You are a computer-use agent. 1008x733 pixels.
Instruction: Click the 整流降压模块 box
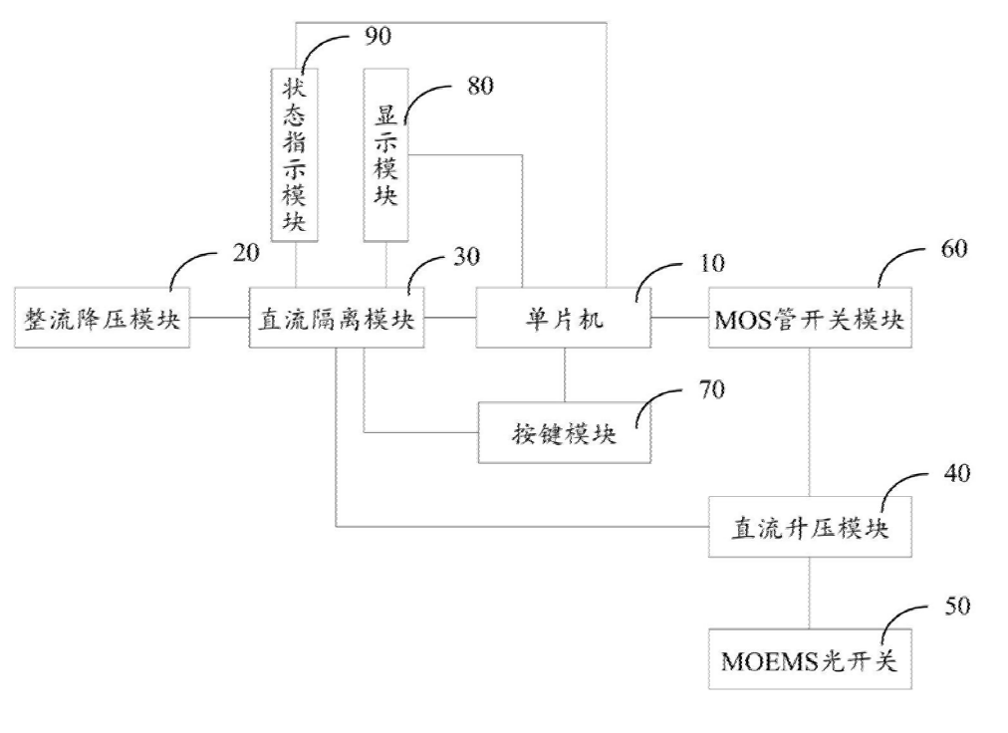[x=103, y=319]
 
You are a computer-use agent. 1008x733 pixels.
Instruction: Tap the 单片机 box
[x=563, y=319]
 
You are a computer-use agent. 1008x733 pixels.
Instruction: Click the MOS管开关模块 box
[x=809, y=319]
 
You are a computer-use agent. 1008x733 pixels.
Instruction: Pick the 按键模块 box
[x=565, y=433]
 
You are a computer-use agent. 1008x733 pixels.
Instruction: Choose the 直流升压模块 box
[x=809, y=528]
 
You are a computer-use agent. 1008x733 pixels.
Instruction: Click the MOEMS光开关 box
[x=809, y=658]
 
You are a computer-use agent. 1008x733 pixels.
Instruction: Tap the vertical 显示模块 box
[x=386, y=154]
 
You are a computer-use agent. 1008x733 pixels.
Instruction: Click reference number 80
[x=480, y=86]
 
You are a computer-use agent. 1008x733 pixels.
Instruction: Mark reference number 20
[x=246, y=252]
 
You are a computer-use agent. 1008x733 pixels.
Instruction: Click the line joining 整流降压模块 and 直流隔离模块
[x=218, y=319]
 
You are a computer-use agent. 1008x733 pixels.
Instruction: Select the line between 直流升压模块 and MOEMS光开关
[x=809, y=590]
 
